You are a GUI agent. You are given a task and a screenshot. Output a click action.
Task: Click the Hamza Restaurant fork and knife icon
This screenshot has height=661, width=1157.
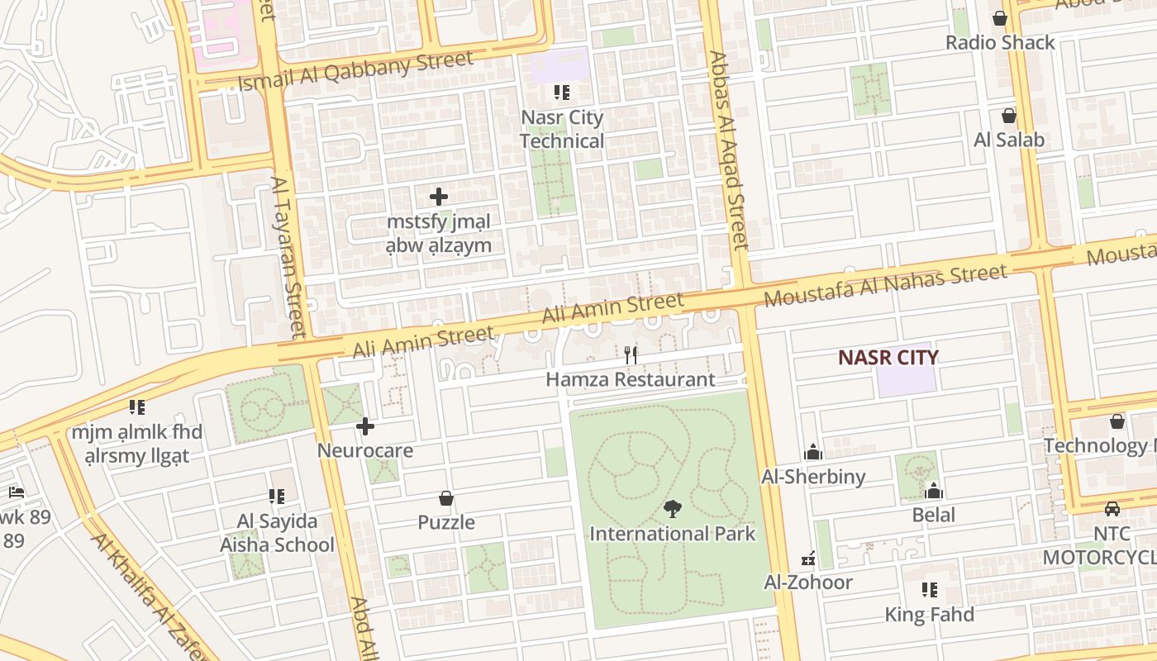pos(631,355)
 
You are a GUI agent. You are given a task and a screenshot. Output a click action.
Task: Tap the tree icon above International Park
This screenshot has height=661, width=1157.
pos(673,509)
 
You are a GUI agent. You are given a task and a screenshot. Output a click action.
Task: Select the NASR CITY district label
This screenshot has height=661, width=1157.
pos(888,358)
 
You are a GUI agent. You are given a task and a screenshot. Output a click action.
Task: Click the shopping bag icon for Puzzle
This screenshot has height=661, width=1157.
pos(446,498)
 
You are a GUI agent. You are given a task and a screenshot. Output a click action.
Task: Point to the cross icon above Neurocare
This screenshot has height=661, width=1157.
pos(365,427)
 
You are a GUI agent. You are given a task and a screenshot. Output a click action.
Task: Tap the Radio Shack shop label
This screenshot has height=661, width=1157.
pos(1000,43)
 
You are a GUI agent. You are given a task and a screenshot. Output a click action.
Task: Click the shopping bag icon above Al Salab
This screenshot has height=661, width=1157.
pos(1008,116)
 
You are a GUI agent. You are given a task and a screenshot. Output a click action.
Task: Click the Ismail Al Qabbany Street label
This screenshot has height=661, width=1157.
pos(355,72)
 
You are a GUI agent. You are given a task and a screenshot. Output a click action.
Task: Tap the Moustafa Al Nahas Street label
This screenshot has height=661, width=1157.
pos(886,285)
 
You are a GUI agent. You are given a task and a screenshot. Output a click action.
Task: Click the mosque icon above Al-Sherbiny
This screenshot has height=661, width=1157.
pos(813,453)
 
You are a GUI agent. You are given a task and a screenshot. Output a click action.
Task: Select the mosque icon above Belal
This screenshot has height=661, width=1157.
pos(934,492)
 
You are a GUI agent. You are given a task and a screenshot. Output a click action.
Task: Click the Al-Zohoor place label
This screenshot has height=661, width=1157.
pos(808,583)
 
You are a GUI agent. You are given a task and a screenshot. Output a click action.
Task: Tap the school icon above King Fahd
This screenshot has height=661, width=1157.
pos(930,590)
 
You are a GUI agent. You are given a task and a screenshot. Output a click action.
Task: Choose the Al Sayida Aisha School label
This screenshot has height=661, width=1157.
pos(277,533)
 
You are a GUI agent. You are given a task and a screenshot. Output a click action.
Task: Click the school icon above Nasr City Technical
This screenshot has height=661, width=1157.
pos(562,93)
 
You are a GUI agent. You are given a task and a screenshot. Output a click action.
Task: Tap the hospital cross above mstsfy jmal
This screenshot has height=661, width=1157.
pos(439,197)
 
